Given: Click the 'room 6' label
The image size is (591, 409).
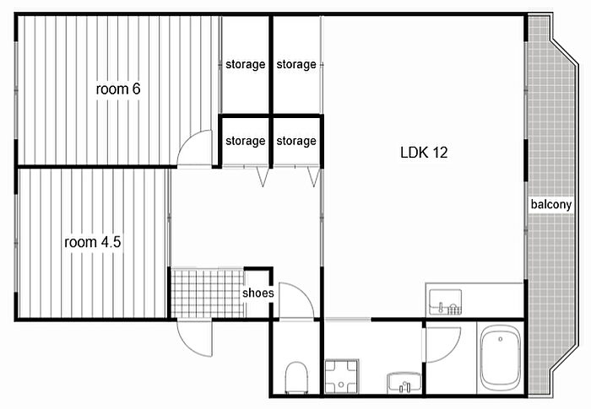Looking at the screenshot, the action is [118, 89].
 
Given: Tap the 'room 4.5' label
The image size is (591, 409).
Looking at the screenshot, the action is [93, 242].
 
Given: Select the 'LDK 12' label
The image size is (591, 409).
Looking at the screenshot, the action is [424, 153].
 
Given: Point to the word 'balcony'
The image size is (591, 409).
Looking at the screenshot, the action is [551, 204].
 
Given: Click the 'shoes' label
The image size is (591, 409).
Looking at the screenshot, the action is [258, 293].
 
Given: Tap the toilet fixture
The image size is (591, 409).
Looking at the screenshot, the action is [296, 378].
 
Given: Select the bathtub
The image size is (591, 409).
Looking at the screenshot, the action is [501, 358].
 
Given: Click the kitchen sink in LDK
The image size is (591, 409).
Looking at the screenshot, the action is [446, 302].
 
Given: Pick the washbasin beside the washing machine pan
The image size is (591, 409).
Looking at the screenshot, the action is [404, 383].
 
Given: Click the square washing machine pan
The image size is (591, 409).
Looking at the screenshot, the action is [341, 376].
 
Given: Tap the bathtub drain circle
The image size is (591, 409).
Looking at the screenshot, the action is [501, 339].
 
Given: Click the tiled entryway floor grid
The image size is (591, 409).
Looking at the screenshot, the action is [208, 293].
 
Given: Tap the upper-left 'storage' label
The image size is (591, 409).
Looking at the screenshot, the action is [246, 64].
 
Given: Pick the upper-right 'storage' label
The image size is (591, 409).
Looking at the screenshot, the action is [296, 64].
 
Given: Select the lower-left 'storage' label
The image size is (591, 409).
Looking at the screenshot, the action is [246, 141].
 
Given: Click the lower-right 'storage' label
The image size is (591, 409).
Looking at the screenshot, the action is [296, 141].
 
